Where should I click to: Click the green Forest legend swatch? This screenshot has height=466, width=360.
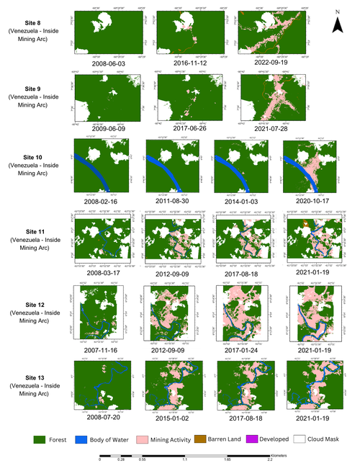(x=42, y=438)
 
